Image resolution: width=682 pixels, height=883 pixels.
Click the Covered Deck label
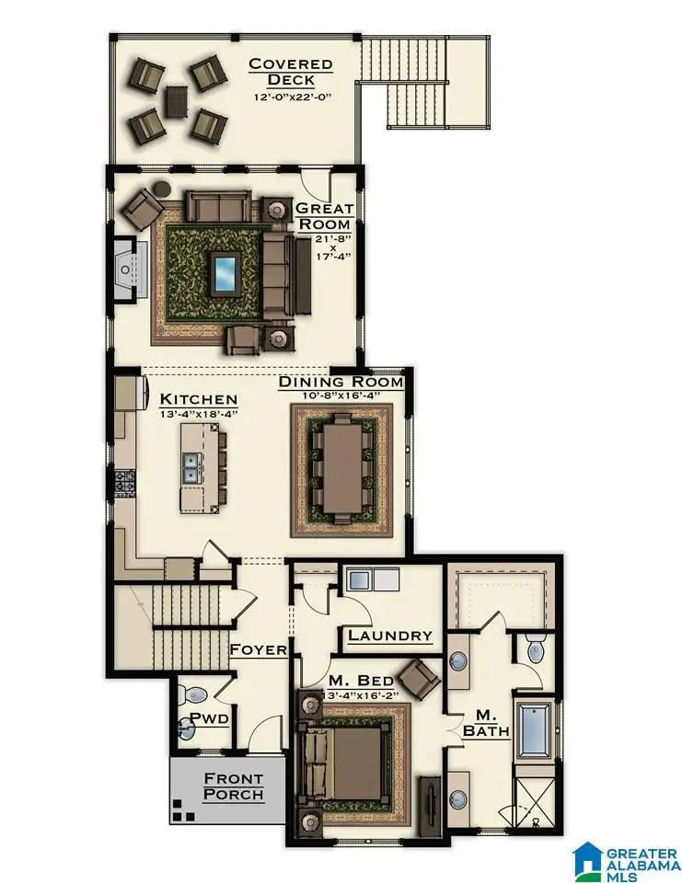click(x=290, y=72)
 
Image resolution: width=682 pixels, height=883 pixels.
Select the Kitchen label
click(x=199, y=400)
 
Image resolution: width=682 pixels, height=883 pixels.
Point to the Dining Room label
click(x=341, y=382)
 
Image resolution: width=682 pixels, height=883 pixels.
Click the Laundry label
click(x=390, y=636)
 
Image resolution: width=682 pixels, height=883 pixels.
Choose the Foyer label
click(x=258, y=649)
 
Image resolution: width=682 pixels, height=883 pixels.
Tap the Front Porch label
click(x=233, y=786)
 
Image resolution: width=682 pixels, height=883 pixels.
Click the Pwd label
click(x=209, y=718)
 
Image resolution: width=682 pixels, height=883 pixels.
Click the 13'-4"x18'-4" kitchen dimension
click(x=199, y=415)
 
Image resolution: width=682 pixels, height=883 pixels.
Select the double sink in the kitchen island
click(x=194, y=469)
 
